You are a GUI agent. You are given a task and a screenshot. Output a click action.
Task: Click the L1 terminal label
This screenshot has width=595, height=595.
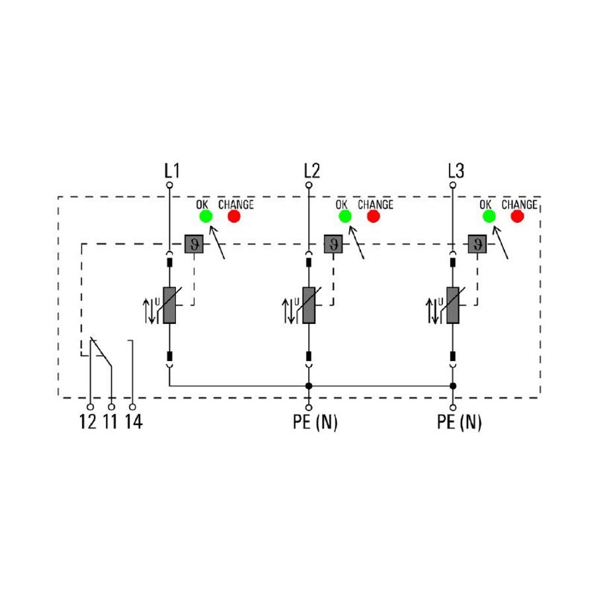[172, 171]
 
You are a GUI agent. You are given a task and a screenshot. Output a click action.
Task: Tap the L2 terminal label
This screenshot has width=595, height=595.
[312, 171]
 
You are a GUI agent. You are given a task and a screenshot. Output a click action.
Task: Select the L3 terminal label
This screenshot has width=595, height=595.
[456, 171]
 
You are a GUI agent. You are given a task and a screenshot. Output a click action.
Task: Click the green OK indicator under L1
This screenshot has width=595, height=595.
[206, 216]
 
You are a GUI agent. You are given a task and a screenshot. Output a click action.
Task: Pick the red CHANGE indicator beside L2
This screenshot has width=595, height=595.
[374, 216]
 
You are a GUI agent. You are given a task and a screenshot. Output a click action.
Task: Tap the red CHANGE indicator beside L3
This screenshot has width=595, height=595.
[517, 216]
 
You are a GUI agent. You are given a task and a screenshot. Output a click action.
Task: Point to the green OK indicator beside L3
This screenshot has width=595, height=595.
[489, 216]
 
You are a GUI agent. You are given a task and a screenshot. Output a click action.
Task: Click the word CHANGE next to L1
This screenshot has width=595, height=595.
[236, 204]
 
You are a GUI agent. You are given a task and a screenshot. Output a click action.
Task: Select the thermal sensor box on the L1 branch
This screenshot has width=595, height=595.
[194, 244]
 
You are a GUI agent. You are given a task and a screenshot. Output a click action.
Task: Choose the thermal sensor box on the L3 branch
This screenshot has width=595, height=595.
[477, 244]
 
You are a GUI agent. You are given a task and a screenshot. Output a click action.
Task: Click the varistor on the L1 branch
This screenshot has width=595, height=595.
[169, 305]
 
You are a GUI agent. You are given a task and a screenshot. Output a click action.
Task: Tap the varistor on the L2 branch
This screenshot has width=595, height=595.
[309, 305]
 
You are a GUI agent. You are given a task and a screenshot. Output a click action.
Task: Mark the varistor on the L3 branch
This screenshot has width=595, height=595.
[453, 305]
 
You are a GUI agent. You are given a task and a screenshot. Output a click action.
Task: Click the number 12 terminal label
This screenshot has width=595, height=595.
[88, 422]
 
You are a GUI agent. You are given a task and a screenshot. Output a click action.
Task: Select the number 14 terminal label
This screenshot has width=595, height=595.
[134, 422]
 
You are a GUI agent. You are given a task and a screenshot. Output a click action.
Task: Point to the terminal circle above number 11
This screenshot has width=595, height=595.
[112, 407]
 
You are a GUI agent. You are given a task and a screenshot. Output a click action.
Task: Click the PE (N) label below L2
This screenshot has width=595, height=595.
[315, 422]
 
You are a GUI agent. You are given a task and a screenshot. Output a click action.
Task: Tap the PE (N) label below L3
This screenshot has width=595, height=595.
[459, 422]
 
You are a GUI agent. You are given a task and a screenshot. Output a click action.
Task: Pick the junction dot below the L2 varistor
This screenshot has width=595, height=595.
[309, 386]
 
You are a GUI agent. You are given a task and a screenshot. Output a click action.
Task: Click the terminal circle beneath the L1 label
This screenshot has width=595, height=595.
[170, 185]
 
